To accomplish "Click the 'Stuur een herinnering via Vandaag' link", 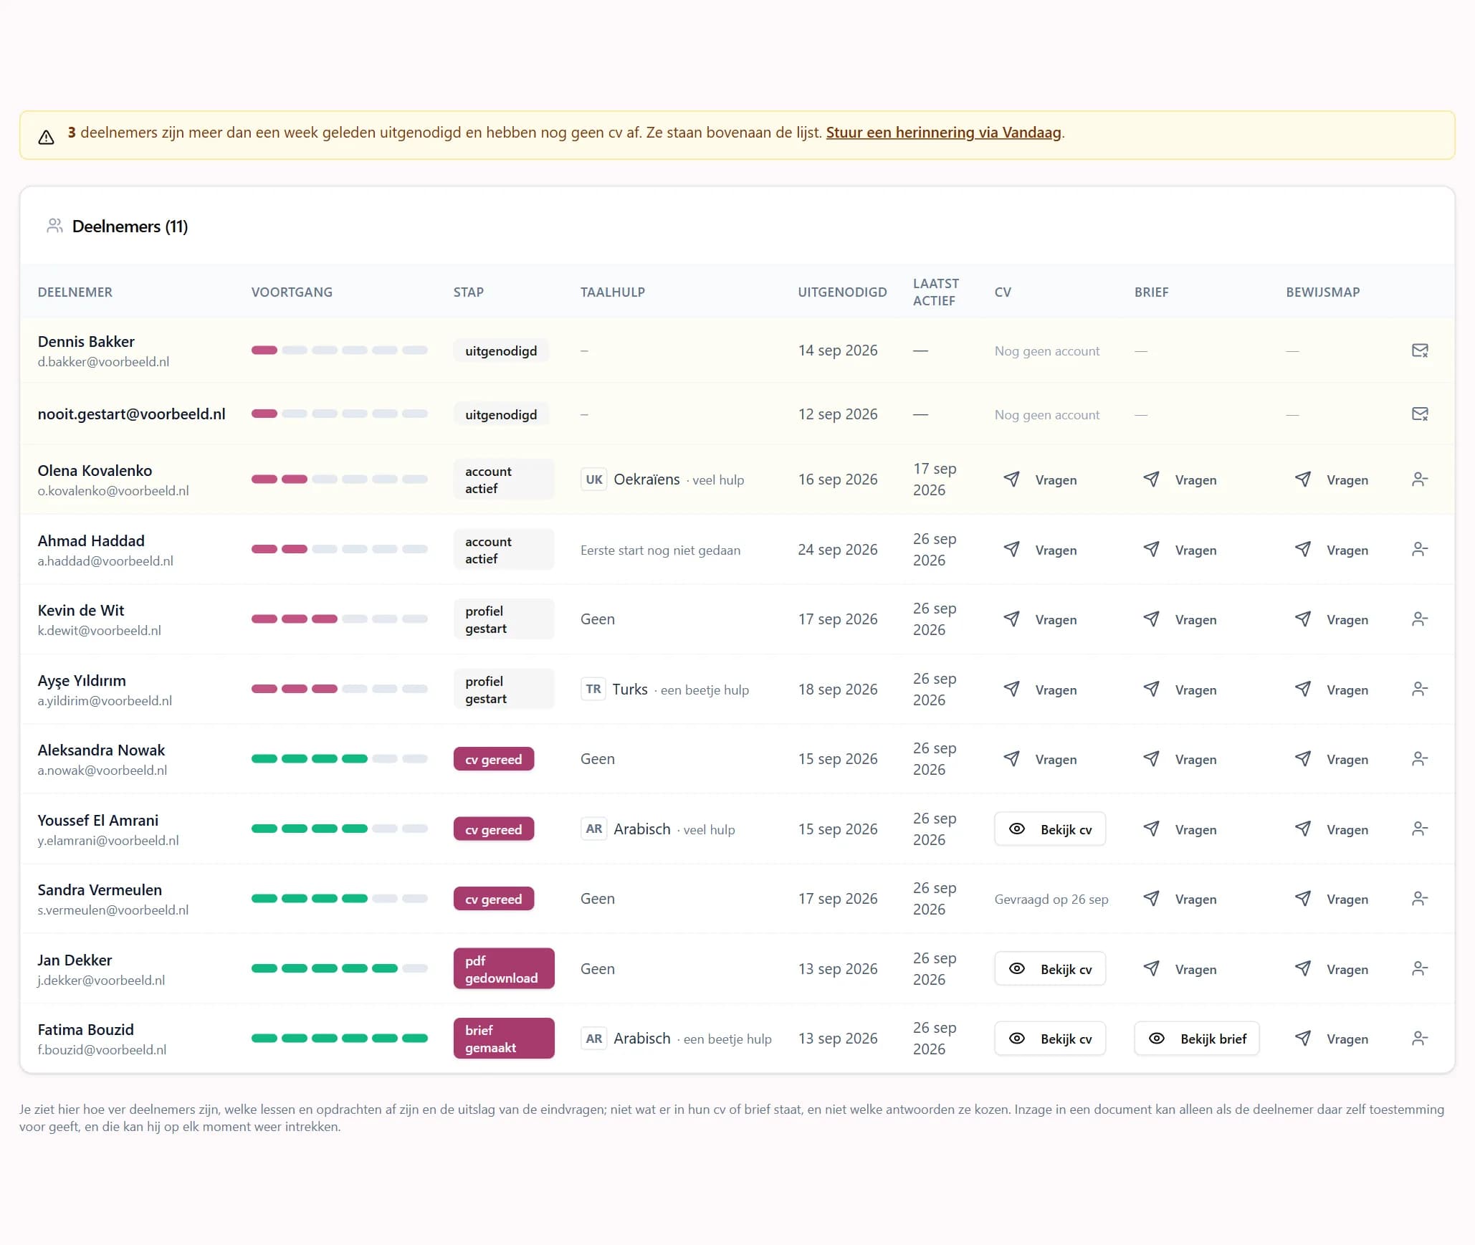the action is (x=943, y=133).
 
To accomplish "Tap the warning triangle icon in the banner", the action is (x=47, y=137).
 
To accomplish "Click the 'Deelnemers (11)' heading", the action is (x=130, y=226).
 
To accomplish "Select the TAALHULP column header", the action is (x=613, y=292).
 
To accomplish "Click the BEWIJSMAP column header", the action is (x=1323, y=292).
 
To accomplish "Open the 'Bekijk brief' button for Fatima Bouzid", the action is (x=1197, y=1039).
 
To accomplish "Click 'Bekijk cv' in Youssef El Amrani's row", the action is (x=1050, y=829).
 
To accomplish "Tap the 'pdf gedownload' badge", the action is (x=504, y=969).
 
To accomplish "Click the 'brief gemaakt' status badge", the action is (x=504, y=1039).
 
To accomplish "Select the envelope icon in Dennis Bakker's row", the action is (x=1420, y=350).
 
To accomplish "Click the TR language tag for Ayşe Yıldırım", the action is (x=593, y=690).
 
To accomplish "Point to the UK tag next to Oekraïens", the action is (x=594, y=480).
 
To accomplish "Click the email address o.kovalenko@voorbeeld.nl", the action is (x=113, y=491).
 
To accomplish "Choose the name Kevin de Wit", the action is (x=81, y=611).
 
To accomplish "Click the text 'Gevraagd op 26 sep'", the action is (x=1051, y=900).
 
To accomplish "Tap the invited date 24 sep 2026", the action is (x=838, y=550).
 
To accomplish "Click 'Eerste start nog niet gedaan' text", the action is (x=661, y=550).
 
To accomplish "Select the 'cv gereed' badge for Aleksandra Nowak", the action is (x=494, y=759).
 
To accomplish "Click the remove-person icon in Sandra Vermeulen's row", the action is (x=1420, y=899).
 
